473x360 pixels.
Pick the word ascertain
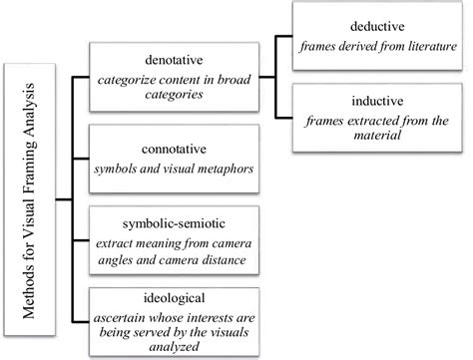(118, 316)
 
